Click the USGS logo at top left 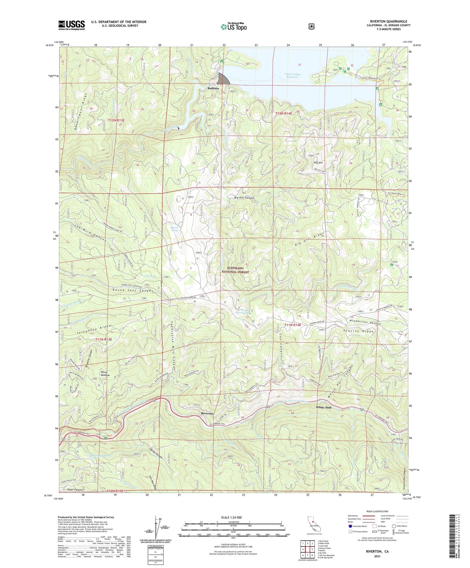(x=72, y=25)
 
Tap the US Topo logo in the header (x=234, y=27)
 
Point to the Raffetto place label (x=213, y=88)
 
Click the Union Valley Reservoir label (x=292, y=75)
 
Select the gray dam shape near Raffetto (x=223, y=78)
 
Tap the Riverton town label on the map (x=207, y=413)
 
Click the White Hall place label (x=324, y=407)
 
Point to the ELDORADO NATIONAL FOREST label (x=235, y=270)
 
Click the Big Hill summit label (x=318, y=163)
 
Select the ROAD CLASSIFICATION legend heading (x=377, y=512)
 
